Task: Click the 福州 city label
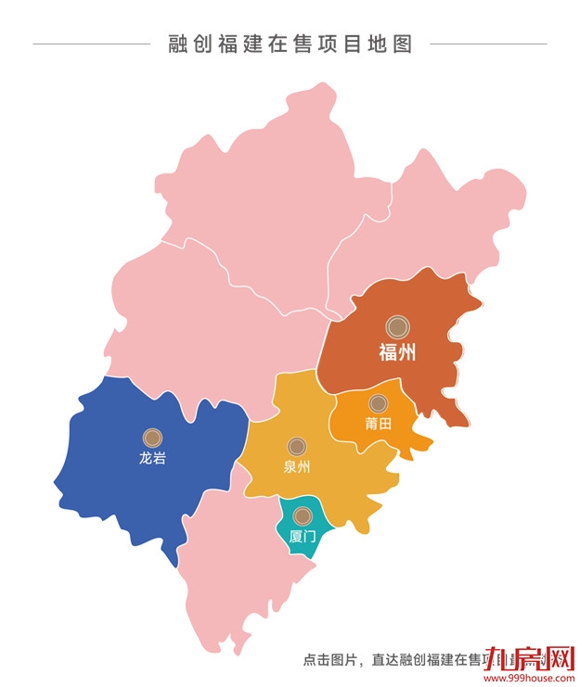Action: [397, 352]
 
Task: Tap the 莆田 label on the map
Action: [378, 424]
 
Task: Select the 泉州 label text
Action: [297, 466]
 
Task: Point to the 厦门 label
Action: [303, 536]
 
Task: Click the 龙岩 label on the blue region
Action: [152, 457]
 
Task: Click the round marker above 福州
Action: [397, 325]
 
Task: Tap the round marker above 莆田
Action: [378, 403]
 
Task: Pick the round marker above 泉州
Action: [297, 446]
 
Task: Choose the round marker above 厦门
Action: [302, 515]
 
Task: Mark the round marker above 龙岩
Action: [152, 437]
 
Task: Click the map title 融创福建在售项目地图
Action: [290, 44]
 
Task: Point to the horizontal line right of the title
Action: [488, 44]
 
